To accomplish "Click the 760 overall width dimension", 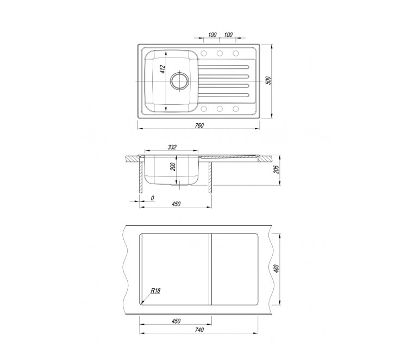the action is pyautogui.click(x=199, y=125).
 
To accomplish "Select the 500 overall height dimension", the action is pyautogui.click(x=268, y=80).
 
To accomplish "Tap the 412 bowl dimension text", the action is pyautogui.click(x=162, y=70).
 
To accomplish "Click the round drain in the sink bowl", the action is pyautogui.click(x=180, y=80).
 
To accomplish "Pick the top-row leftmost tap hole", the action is pyautogui.click(x=203, y=53).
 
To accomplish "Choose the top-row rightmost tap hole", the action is pyautogui.click(x=236, y=53).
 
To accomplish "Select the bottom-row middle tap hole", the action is pyautogui.click(x=220, y=109).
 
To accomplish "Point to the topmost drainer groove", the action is pyautogui.click(x=223, y=67).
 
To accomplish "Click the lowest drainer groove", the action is pyautogui.click(x=223, y=95).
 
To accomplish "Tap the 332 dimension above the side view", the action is pyautogui.click(x=172, y=147).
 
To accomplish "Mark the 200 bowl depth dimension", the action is pyautogui.click(x=172, y=167).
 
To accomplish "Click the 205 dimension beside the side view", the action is pyautogui.click(x=276, y=169).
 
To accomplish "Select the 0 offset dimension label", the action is pyautogui.click(x=153, y=198).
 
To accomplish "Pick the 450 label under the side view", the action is pyautogui.click(x=176, y=204).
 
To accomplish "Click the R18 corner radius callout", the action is pyautogui.click(x=155, y=290).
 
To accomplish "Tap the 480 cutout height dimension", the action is pyautogui.click(x=276, y=268).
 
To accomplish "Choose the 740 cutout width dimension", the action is pyautogui.click(x=199, y=330).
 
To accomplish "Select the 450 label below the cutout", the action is pyautogui.click(x=176, y=321).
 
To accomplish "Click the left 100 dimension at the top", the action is pyautogui.click(x=212, y=35).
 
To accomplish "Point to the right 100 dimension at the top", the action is pyautogui.click(x=228, y=35).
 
